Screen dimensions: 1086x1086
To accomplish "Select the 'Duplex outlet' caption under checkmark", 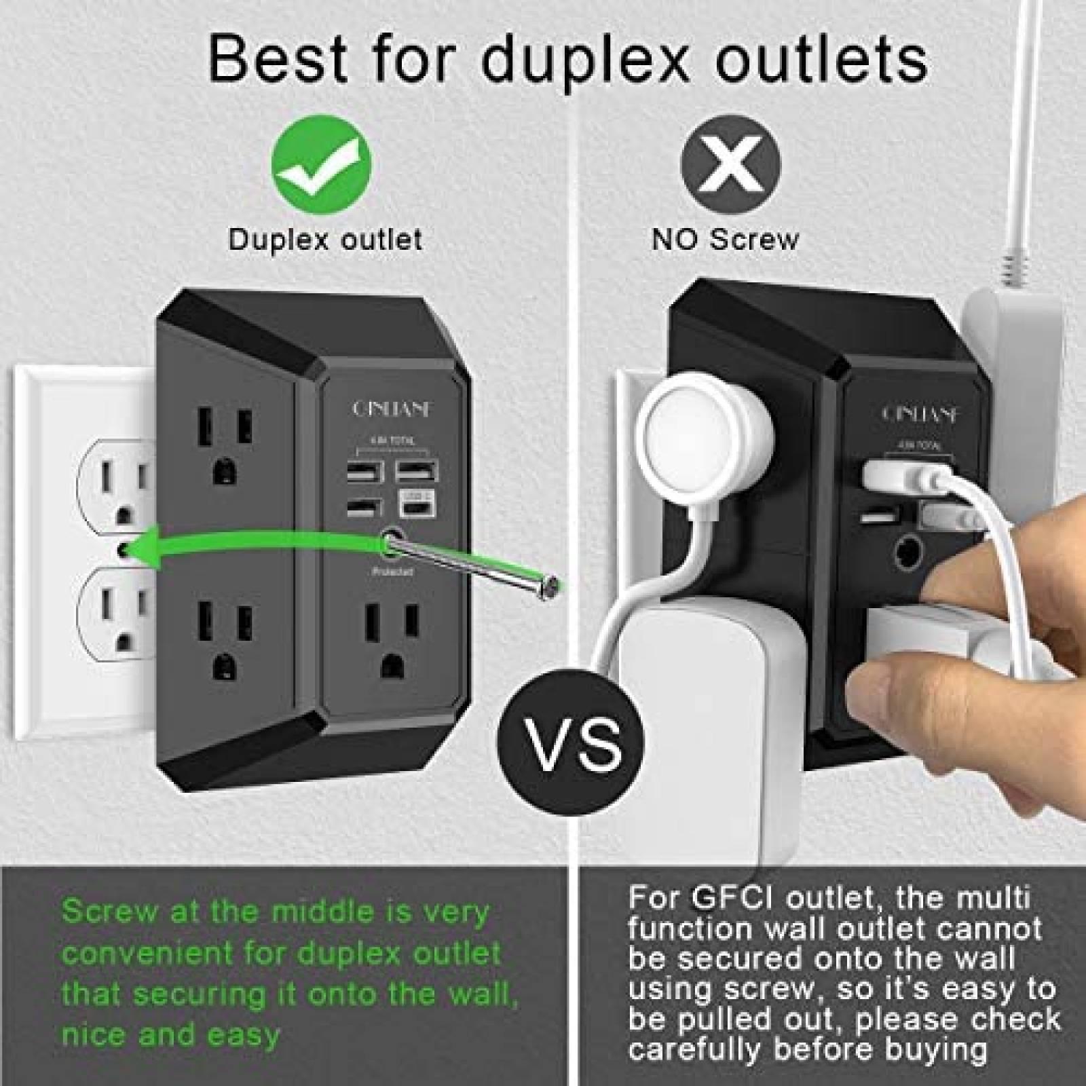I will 325,240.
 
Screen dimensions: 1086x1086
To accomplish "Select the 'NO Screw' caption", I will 725,240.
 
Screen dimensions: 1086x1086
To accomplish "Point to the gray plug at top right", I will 1011,353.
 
